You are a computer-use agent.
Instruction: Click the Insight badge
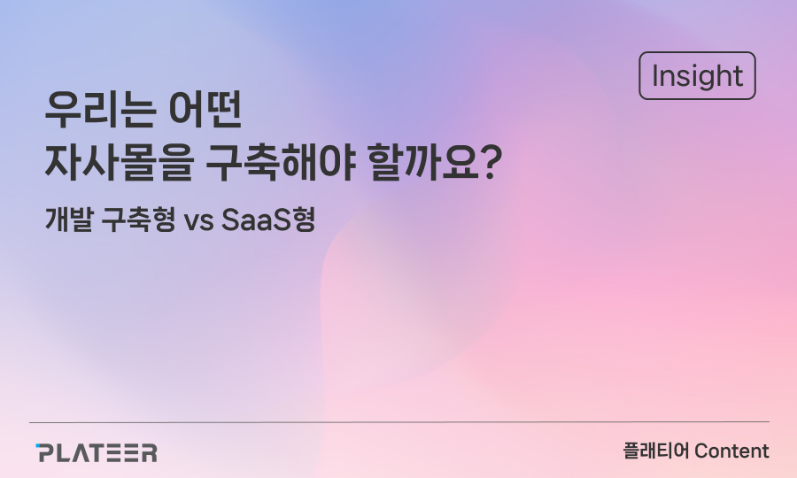click(x=697, y=76)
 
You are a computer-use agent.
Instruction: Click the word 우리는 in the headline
click(x=99, y=110)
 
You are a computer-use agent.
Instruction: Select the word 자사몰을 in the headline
click(x=119, y=163)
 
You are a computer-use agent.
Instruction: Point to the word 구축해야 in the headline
click(x=280, y=163)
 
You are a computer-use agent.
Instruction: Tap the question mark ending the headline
click(x=491, y=163)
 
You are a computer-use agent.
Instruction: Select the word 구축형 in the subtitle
click(x=138, y=220)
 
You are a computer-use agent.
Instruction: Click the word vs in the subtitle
click(x=198, y=222)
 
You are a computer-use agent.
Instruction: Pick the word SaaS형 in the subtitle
click(x=269, y=220)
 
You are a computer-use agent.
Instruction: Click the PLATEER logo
click(x=96, y=452)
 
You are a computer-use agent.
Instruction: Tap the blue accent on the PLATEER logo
click(x=38, y=446)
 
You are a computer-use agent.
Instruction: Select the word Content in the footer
click(x=732, y=451)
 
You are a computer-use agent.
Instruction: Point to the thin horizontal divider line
click(x=399, y=421)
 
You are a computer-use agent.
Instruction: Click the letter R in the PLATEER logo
click(x=148, y=452)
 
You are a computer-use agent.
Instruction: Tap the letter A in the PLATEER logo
click(x=81, y=452)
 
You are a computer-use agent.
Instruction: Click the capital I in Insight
click(x=655, y=76)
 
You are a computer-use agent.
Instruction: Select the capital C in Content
click(x=702, y=451)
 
